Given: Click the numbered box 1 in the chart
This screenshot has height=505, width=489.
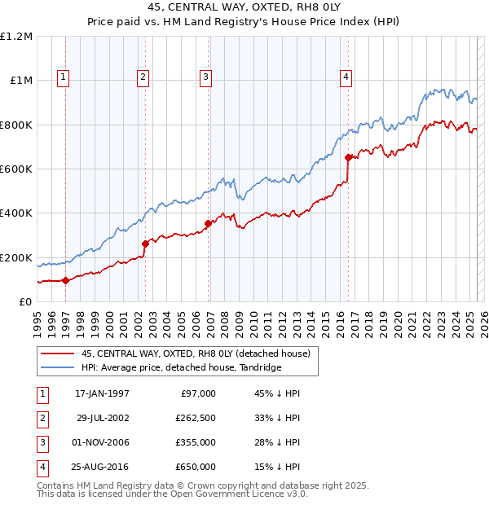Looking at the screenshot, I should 63,77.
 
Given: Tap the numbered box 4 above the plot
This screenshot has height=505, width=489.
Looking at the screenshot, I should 346,77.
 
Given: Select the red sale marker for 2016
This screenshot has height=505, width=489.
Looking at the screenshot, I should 348,157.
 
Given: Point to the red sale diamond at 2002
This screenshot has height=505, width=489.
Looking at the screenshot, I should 145,244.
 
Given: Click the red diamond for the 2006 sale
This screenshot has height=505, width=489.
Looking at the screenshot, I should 209,223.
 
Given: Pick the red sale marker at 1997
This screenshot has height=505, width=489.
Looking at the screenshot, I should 65,280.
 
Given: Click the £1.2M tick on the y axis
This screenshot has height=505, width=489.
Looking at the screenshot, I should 16,37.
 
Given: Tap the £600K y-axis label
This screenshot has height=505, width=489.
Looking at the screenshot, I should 16,169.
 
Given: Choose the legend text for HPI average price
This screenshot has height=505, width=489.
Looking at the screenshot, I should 181,368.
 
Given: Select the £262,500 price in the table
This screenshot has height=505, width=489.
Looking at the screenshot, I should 195,418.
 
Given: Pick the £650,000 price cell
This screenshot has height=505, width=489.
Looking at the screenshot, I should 195,467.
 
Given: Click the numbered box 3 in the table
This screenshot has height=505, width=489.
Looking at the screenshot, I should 40,442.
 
